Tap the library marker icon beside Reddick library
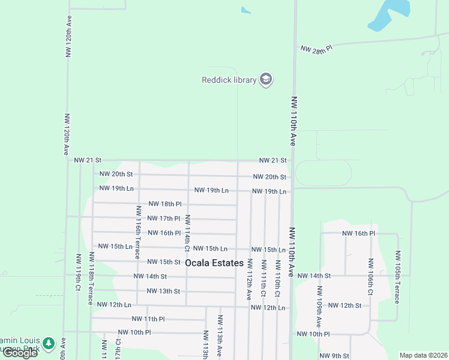[x=266, y=80]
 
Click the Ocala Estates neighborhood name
[x=214, y=263]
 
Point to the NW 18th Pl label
[x=164, y=204]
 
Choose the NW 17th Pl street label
[x=164, y=218]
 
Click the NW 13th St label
[x=163, y=291]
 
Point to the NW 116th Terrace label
[x=139, y=230]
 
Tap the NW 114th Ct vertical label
[x=187, y=233]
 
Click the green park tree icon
[x=48, y=343]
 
